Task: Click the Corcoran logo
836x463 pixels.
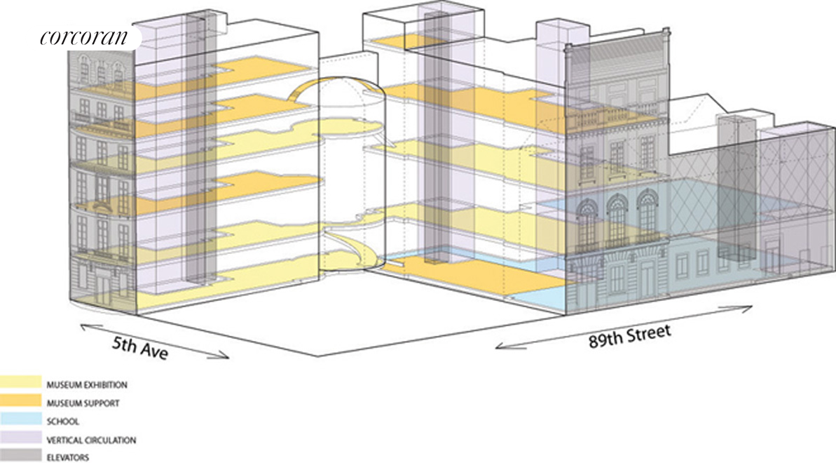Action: [x=84, y=36]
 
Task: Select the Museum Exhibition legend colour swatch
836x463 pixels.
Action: [x=20, y=384]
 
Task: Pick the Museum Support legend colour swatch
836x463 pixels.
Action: [x=20, y=403]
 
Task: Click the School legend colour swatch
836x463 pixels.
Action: [x=20, y=422]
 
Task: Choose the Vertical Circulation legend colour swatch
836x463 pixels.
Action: [x=20, y=440]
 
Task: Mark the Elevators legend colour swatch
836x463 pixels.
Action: [x=20, y=457]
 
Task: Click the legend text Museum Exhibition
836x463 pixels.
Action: [x=87, y=385]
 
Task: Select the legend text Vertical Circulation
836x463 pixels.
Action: [x=91, y=440]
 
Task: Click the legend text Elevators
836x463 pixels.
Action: [x=68, y=458]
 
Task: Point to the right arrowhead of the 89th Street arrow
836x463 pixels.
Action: [x=749, y=307]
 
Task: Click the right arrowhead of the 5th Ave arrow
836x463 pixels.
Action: [x=225, y=356]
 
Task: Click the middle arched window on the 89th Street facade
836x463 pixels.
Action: [x=617, y=220]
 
